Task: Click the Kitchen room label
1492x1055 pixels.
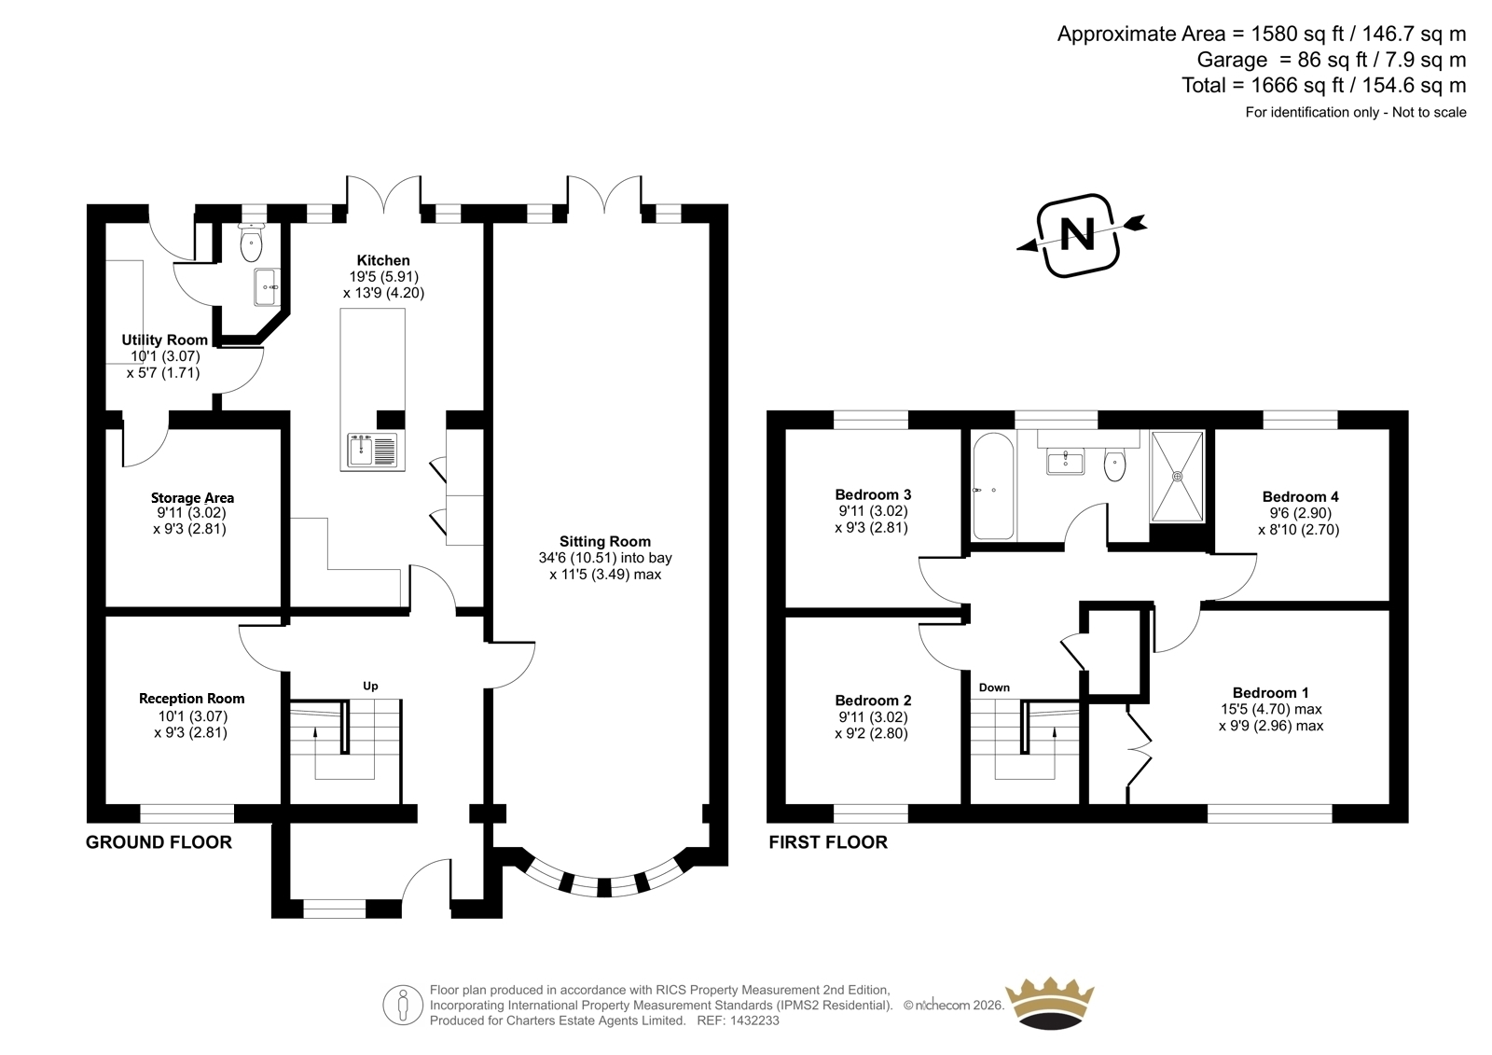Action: pyautogui.click(x=383, y=260)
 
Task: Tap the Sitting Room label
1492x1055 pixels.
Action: pyautogui.click(x=605, y=542)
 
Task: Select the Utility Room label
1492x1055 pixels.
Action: pyautogui.click(x=164, y=340)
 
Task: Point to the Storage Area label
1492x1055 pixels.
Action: pyautogui.click(x=192, y=498)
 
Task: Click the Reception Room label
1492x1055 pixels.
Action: pyautogui.click(x=192, y=699)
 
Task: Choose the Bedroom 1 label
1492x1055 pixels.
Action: pyautogui.click(x=1270, y=692)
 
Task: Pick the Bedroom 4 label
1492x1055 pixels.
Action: pyautogui.click(x=1300, y=496)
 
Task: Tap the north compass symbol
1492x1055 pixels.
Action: pyautogui.click(x=1079, y=235)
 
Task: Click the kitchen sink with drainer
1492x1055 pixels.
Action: pyautogui.click(x=372, y=451)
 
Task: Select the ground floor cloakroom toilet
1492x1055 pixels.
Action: pyautogui.click(x=251, y=243)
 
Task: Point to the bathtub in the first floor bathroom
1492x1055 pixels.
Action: pyautogui.click(x=993, y=486)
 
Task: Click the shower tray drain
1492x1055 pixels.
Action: pyautogui.click(x=1178, y=476)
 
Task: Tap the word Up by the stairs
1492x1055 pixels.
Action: pyautogui.click(x=370, y=686)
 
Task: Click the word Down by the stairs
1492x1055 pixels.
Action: pyautogui.click(x=994, y=687)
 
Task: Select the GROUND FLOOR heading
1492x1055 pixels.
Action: pyautogui.click(x=159, y=842)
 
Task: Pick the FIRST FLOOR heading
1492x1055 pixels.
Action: pyautogui.click(x=828, y=842)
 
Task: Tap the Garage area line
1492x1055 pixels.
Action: pyautogui.click(x=1332, y=60)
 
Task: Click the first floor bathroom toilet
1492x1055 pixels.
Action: pyautogui.click(x=1114, y=465)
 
